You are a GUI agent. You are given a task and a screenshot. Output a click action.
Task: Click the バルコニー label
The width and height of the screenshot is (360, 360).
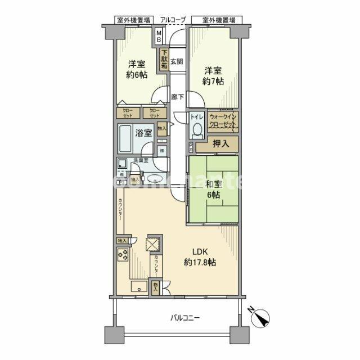coord(185,319)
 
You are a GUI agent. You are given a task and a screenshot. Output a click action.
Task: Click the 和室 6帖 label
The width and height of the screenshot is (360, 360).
coord(212,188)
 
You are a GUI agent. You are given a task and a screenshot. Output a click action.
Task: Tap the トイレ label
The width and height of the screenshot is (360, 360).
coord(196,117)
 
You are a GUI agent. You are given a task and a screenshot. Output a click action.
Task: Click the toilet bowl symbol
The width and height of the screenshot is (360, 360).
coord(196,129)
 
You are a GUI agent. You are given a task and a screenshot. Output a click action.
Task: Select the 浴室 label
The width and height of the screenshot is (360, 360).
coord(144,133)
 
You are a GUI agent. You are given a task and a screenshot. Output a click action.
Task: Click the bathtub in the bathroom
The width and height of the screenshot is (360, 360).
coord(126,138)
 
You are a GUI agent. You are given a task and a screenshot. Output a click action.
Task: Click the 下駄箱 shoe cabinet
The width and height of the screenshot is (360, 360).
coord(164,60)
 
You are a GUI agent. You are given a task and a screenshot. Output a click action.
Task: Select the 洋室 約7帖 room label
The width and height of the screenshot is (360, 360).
coord(213,76)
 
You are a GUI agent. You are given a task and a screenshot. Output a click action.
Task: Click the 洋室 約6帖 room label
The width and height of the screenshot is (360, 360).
coord(137,69)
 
